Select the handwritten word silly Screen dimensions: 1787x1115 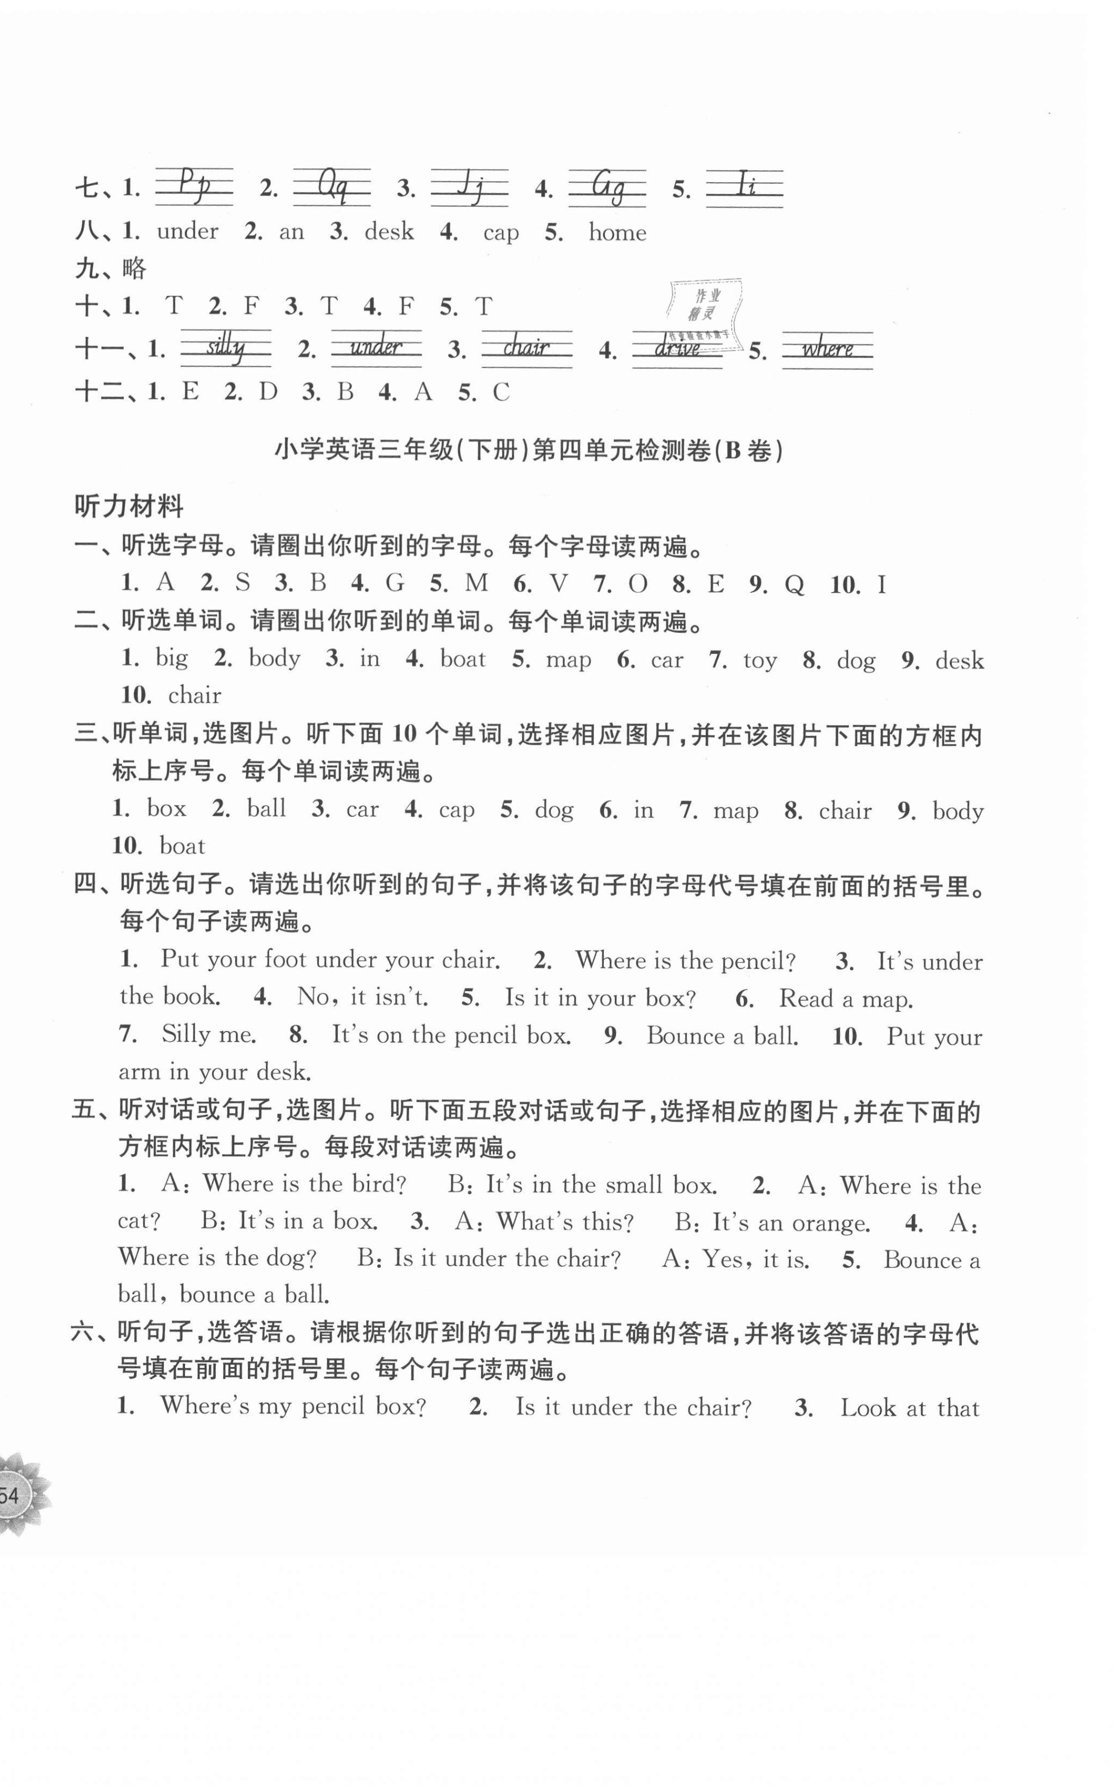coord(226,348)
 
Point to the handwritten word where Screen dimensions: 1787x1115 coord(827,349)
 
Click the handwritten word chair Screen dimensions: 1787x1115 coord(526,348)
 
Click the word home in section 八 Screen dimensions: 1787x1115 coord(617,233)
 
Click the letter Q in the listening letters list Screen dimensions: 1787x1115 coord(793,585)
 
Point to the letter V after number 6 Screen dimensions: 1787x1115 coord(559,585)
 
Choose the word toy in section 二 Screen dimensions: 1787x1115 coord(759,660)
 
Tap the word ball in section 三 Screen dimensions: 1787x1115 coord(266,809)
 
